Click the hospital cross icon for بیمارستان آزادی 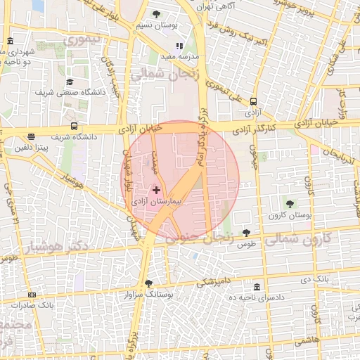(156, 190)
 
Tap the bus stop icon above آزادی (253, 101)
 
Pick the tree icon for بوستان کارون (290, 204)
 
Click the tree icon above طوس (246, 233)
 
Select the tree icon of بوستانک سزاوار (148, 283)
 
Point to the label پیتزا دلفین (32, 148)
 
